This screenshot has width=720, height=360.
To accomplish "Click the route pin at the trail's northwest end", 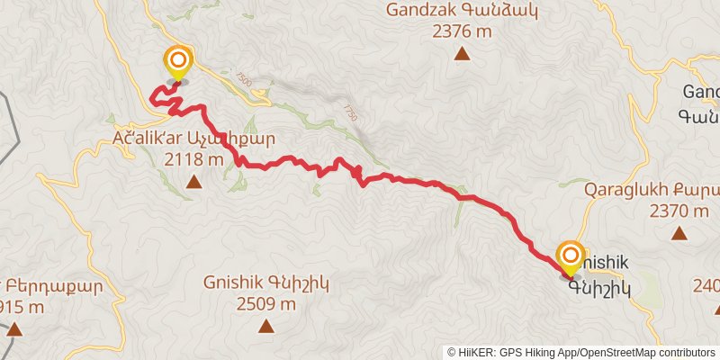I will click(178, 62).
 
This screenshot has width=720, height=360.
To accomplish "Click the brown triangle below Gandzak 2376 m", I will click(462, 54).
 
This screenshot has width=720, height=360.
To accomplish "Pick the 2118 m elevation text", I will click(193, 160).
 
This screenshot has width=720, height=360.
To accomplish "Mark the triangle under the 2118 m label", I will click(193, 183).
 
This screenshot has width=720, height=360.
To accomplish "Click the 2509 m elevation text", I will click(266, 303).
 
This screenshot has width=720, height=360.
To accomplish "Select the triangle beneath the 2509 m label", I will click(266, 325).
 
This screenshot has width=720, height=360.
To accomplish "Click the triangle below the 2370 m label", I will click(679, 233).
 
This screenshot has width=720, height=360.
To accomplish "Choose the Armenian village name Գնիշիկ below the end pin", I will click(599, 288).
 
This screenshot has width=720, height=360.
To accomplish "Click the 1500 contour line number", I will click(246, 82).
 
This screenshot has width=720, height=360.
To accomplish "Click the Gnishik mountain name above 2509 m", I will click(266, 283).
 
